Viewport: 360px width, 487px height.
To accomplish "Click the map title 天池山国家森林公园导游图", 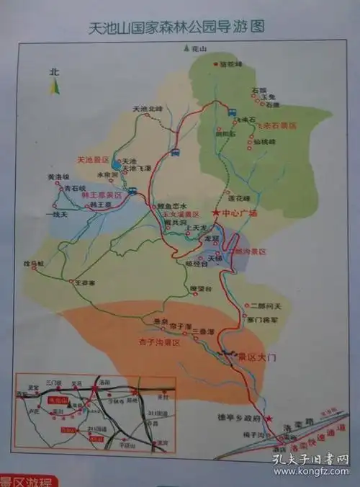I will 176,28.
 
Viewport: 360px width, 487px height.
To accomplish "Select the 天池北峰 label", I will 148,109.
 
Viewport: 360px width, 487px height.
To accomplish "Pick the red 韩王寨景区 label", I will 104,195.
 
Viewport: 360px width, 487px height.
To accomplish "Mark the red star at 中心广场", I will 215,213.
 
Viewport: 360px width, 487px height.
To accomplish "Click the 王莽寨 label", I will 85,282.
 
